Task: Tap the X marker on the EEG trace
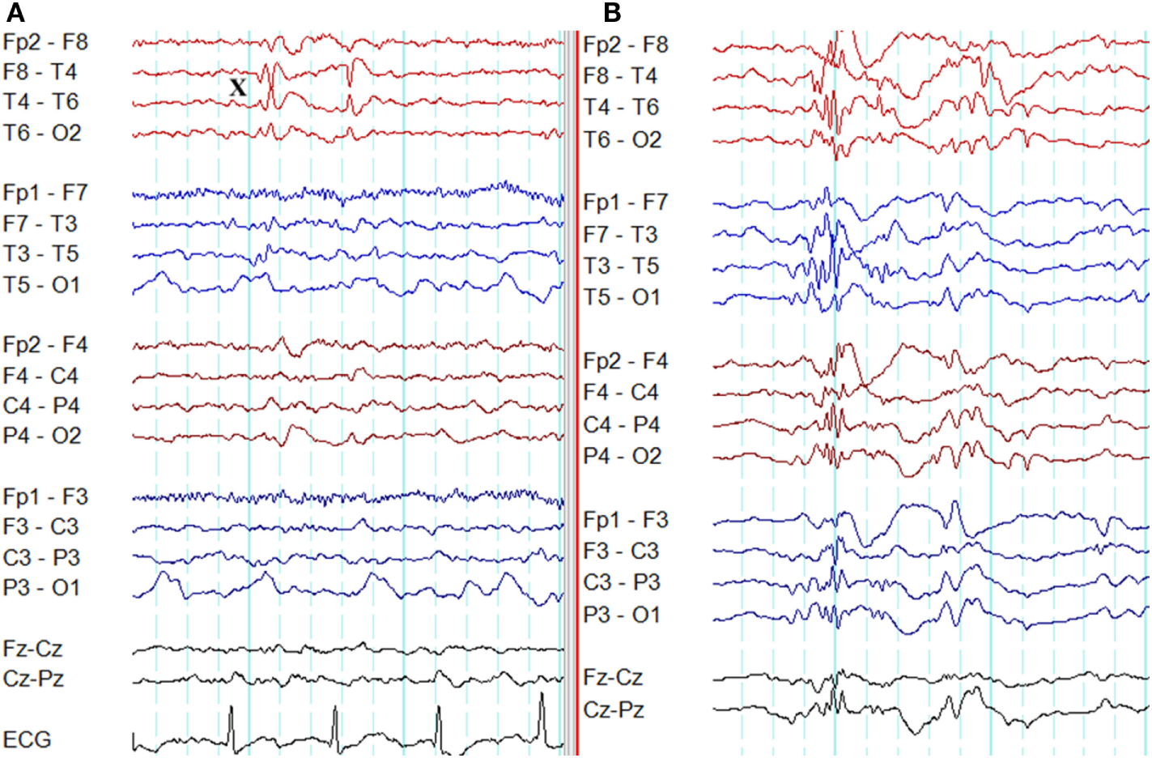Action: point(237,87)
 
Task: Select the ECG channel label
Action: point(27,739)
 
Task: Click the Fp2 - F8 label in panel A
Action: point(45,42)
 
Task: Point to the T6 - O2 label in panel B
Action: point(623,140)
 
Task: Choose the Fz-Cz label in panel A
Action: point(33,649)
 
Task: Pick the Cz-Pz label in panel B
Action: point(614,710)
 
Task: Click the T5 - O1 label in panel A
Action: point(41,285)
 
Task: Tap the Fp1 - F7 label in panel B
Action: point(626,202)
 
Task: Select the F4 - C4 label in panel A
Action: point(40,376)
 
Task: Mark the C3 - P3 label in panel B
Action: point(622,582)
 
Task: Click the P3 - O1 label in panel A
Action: point(41,588)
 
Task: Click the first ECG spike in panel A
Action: point(232,717)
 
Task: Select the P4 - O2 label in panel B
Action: point(623,456)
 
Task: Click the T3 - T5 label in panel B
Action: point(622,266)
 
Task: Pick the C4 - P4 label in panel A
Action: point(41,406)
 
